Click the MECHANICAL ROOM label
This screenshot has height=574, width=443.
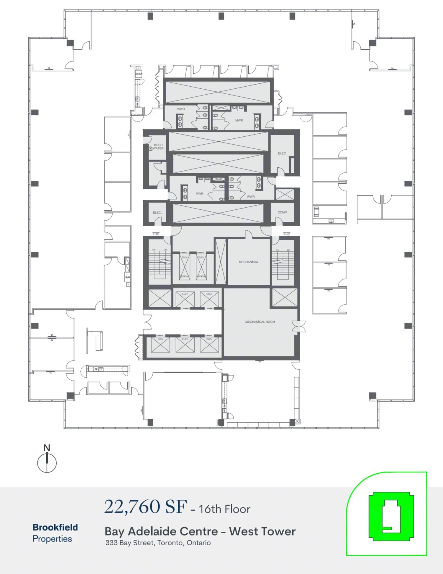[x=260, y=322]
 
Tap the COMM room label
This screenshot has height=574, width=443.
[x=282, y=212]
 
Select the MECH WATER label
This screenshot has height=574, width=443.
[x=158, y=147]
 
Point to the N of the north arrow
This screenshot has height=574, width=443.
[x=47, y=448]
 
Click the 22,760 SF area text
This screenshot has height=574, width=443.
[x=146, y=507]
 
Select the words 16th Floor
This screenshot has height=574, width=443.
[x=224, y=509]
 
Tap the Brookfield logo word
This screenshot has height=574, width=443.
[x=55, y=527]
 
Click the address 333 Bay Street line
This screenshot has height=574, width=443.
[x=158, y=543]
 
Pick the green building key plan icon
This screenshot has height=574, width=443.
[x=391, y=516]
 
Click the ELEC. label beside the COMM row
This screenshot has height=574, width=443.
[x=157, y=213]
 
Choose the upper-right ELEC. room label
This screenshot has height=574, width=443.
[x=282, y=153]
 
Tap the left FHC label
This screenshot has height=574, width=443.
[x=156, y=234]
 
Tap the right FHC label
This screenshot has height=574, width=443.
[x=286, y=234]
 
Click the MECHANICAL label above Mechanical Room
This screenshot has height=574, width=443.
[x=248, y=262]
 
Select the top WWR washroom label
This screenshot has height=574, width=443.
[x=181, y=109]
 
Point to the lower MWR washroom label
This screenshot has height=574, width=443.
[x=199, y=194]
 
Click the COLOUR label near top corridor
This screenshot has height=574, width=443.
[x=139, y=74]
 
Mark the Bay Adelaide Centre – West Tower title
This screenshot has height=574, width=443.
[x=200, y=531]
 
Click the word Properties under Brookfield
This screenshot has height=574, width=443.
[x=52, y=539]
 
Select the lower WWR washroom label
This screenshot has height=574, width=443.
[x=251, y=197]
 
